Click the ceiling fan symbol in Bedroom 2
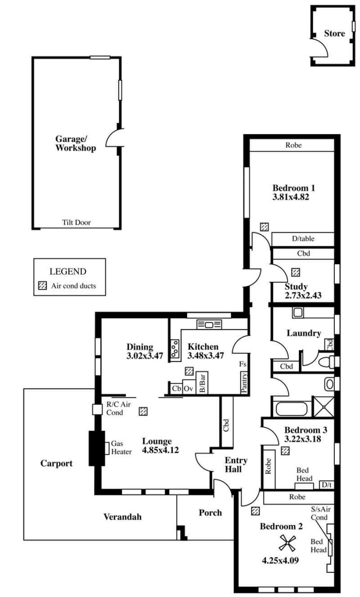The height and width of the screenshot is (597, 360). [287, 543]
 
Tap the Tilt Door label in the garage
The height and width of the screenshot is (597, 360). [76, 222]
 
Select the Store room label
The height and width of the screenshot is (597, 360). [334, 33]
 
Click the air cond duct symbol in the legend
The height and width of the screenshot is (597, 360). [43, 285]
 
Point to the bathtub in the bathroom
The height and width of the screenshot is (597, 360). [291, 408]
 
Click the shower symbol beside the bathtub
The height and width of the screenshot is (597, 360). [324, 407]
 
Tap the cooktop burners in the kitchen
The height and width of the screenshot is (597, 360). [175, 348]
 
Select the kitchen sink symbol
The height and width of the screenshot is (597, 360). [209, 324]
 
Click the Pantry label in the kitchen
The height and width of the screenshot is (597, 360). [244, 383]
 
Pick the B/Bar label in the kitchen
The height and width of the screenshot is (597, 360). [202, 383]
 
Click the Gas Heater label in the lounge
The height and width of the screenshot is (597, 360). [121, 448]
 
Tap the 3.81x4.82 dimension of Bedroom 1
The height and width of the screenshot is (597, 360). [290, 197]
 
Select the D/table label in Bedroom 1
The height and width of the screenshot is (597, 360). [303, 239]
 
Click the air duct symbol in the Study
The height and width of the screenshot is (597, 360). [296, 272]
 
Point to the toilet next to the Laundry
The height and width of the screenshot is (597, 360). [326, 362]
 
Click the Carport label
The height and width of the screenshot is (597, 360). [56, 463]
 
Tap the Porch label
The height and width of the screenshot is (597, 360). [210, 512]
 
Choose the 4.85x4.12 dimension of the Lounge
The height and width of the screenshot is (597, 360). [160, 450]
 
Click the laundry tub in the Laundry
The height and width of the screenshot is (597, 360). [297, 312]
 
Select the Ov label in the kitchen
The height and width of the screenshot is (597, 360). [189, 388]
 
